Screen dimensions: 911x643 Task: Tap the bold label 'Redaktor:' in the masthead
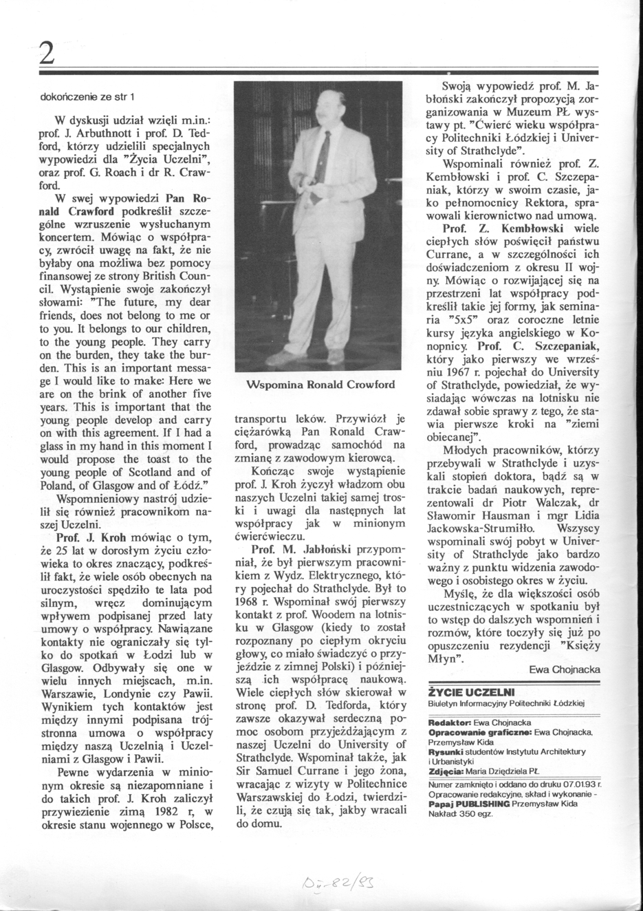450,723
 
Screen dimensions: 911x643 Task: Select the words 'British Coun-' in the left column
181,275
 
